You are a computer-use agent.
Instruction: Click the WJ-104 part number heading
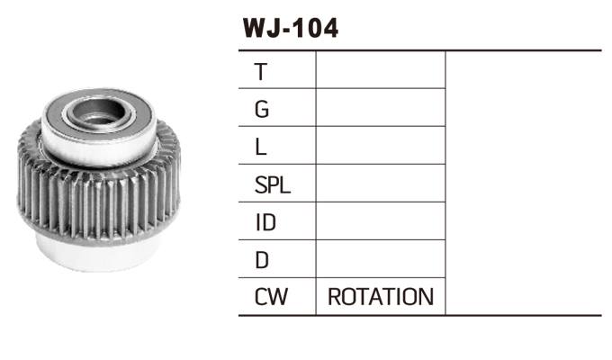click(291, 28)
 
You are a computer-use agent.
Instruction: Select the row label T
click(261, 72)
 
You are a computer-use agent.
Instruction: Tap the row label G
click(262, 109)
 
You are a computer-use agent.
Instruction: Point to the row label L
click(260, 148)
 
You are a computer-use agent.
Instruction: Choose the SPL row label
click(273, 184)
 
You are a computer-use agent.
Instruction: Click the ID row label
click(265, 222)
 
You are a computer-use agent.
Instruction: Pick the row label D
click(262, 260)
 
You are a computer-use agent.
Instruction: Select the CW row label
click(271, 297)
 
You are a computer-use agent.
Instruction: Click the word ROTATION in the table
click(381, 297)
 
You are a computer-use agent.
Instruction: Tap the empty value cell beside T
click(381, 70)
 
